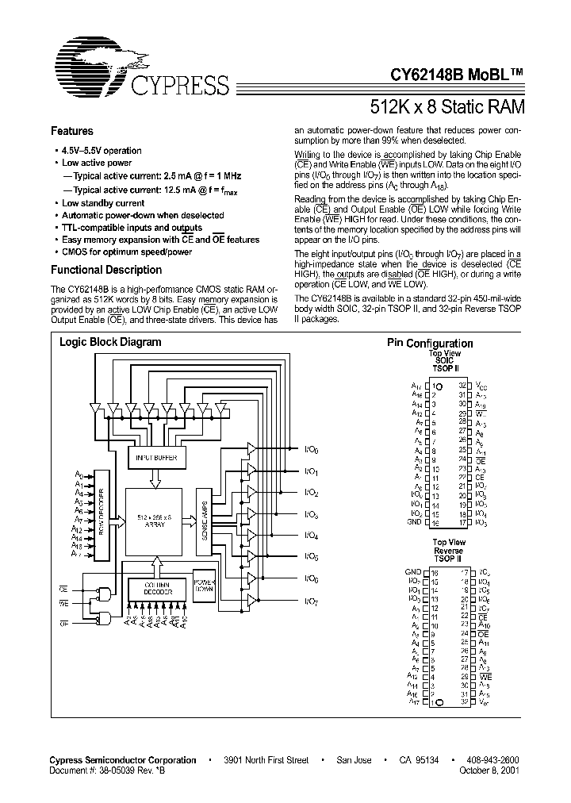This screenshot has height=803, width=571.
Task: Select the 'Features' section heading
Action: coord(72,132)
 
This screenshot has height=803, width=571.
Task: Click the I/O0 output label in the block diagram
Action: coord(311,449)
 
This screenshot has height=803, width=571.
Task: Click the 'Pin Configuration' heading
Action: coord(430,343)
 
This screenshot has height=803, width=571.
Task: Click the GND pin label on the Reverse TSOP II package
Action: coord(413,571)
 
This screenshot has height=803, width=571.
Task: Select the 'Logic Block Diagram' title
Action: coord(110,342)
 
